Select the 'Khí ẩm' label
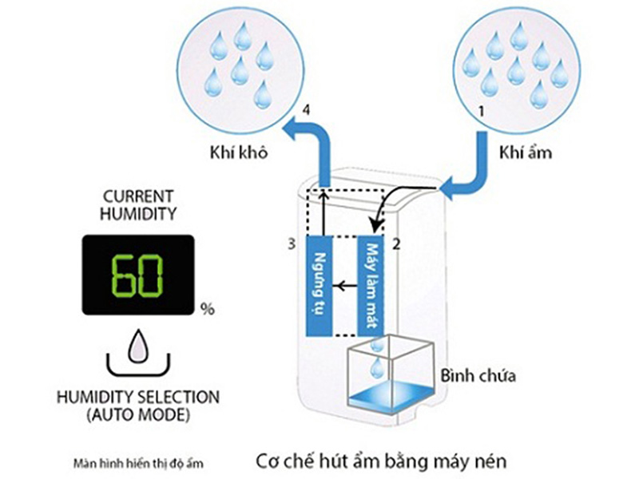522,151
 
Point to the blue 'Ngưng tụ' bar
320,285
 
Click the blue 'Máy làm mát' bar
371,285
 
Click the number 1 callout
480,113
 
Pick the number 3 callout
294,240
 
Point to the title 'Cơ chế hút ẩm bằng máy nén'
382,461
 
